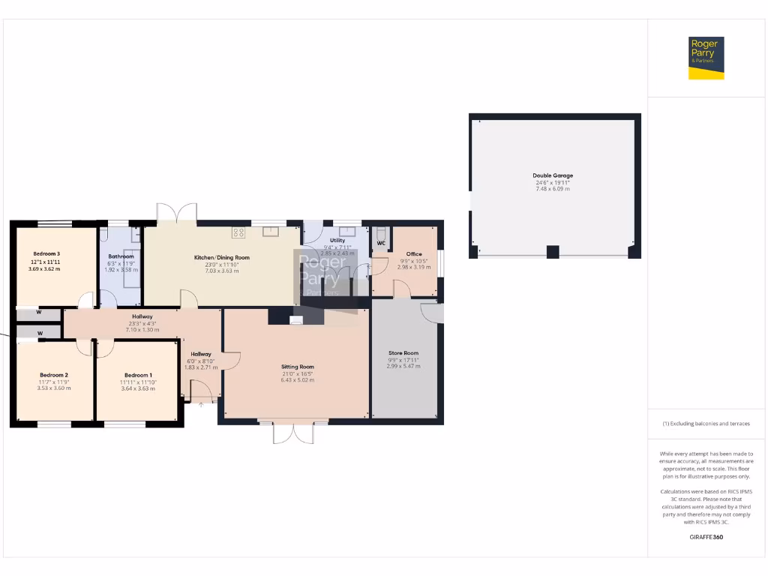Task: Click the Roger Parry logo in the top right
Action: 706,58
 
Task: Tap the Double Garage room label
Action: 553,175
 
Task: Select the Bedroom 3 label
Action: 46,253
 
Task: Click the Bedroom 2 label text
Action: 54,374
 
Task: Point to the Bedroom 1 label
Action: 138,375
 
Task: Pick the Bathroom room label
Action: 120,256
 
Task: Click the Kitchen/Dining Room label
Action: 221,257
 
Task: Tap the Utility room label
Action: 337,240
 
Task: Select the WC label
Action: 381,243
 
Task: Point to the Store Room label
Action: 403,352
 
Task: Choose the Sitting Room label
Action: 298,367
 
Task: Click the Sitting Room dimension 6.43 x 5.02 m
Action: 298,380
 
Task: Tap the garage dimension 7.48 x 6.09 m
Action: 553,189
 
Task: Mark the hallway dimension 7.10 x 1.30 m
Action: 142,330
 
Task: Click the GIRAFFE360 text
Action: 706,537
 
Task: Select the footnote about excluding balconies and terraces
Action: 706,424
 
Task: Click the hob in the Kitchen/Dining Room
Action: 239,232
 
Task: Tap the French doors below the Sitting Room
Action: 293,433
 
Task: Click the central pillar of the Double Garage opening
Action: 553,252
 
